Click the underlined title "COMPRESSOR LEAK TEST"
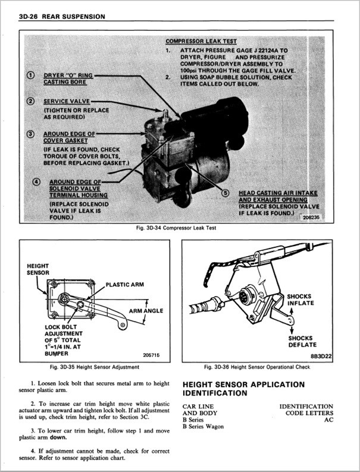[x=201, y=42]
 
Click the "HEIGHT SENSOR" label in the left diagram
[x=38, y=269]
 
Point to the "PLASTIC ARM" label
[x=126, y=285]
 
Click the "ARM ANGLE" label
[x=146, y=310]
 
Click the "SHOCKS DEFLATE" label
[x=302, y=341]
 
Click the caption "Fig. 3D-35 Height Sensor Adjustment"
[x=95, y=367]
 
